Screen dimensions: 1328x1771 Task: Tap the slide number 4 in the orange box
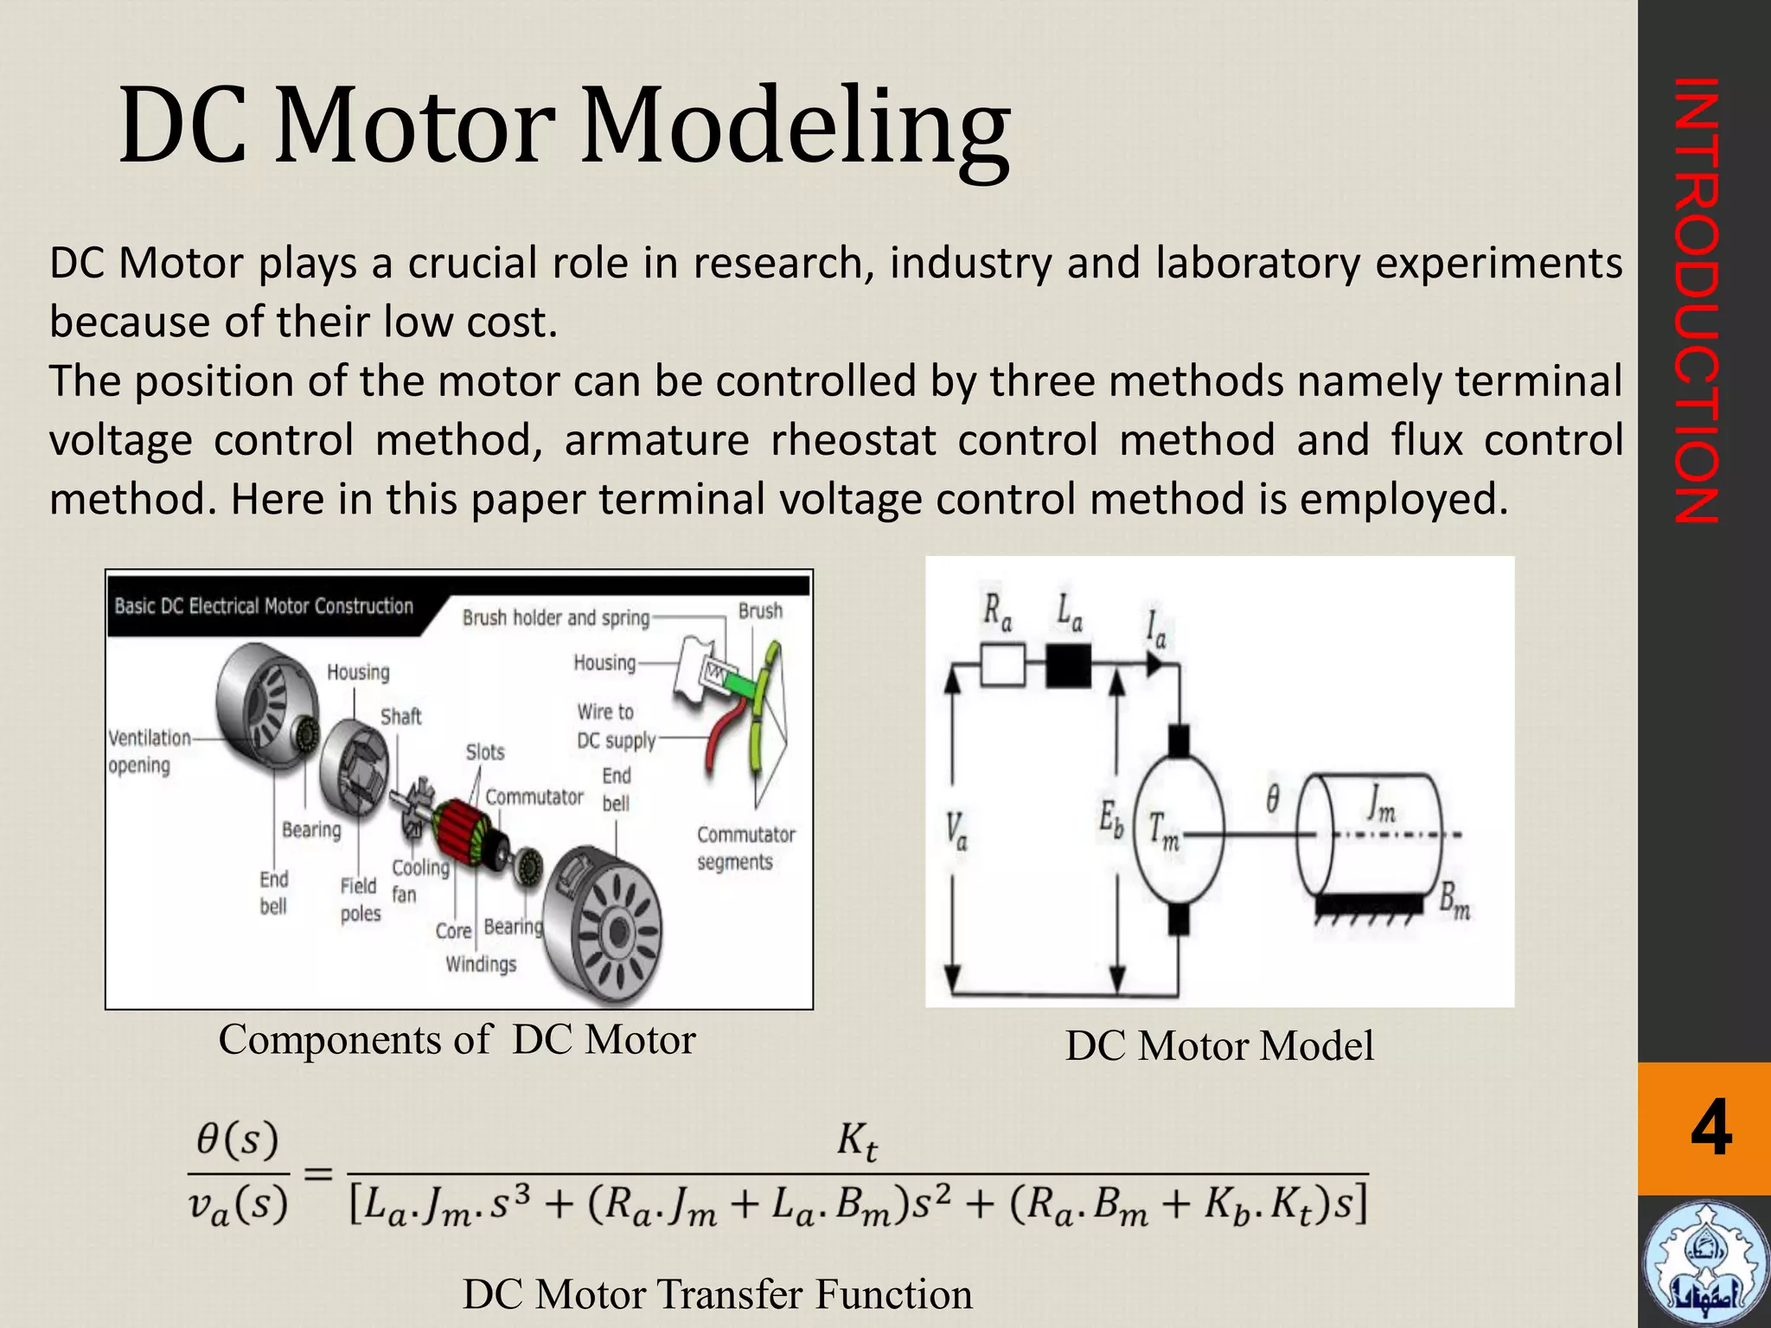click(x=1710, y=1128)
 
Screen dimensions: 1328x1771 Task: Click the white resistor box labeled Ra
click(x=1003, y=665)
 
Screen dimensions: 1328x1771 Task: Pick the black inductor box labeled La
click(x=1069, y=665)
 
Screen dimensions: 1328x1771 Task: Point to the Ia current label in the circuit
click(x=1156, y=629)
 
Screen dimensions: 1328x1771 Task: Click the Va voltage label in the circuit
click(x=956, y=831)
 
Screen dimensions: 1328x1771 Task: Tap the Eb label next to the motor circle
click(x=1111, y=820)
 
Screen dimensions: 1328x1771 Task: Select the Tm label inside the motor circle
click(x=1164, y=831)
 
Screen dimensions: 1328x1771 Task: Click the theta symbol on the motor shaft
click(x=1273, y=799)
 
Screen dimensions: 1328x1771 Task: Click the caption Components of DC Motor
click(x=457, y=1040)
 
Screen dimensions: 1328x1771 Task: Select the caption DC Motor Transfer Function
click(x=717, y=1294)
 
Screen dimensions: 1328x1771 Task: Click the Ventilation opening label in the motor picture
click(x=149, y=750)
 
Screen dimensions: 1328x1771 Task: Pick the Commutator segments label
click(x=745, y=848)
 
